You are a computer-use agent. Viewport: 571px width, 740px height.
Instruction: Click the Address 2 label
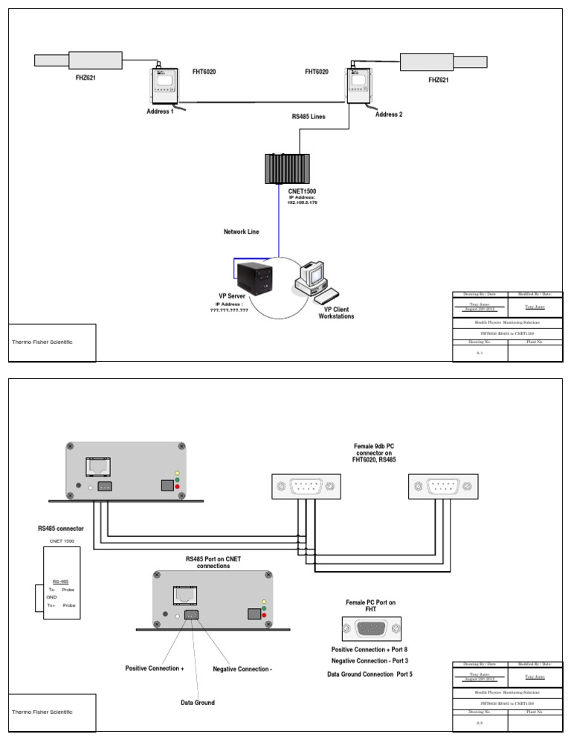pos(389,115)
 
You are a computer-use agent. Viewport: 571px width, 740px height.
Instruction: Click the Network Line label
pos(242,232)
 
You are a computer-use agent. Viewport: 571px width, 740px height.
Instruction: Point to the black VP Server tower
pos(251,281)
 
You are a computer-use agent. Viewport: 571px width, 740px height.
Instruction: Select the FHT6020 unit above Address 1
pos(162,86)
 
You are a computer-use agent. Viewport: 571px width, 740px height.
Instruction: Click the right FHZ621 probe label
pos(439,80)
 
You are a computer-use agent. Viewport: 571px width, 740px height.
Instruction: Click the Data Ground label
pos(198,702)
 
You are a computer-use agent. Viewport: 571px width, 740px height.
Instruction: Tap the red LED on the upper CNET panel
pos(176,486)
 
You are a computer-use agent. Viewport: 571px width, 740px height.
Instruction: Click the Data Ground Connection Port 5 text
pos(370,674)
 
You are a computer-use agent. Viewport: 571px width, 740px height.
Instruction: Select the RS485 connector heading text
pos(61,528)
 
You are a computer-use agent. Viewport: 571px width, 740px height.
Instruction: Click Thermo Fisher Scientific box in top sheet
pos(51,342)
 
